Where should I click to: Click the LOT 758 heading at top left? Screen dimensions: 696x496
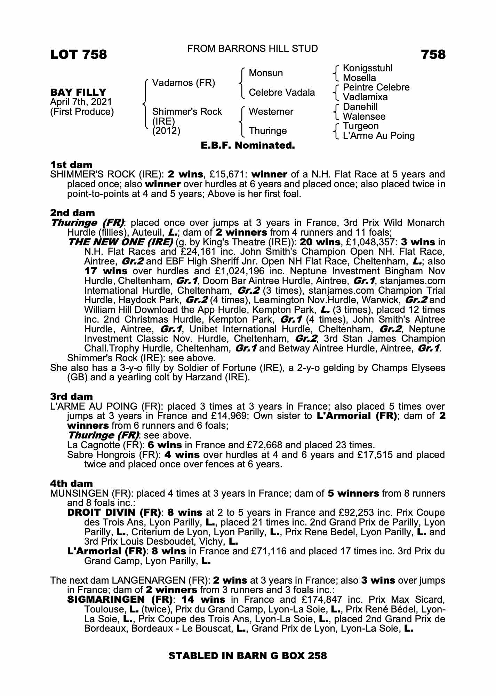pos(79,55)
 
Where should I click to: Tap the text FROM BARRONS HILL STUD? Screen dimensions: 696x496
pos(253,49)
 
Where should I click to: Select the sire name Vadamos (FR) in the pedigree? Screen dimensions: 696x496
pos(184,83)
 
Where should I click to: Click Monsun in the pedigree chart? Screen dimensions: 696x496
pos(266,73)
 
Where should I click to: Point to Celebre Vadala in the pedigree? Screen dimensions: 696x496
pos(282,93)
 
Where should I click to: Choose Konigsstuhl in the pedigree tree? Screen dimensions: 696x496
pos(368,68)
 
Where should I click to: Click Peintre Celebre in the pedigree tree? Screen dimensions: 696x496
pos(376,87)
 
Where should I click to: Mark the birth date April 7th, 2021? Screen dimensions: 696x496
pos(81,102)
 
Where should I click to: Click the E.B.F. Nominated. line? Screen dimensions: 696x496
pos(248,145)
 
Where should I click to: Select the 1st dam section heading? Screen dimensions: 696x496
pos(71,164)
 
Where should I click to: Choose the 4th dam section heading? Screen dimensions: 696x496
pos(71,483)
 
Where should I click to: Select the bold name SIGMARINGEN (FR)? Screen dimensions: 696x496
pos(120,600)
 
